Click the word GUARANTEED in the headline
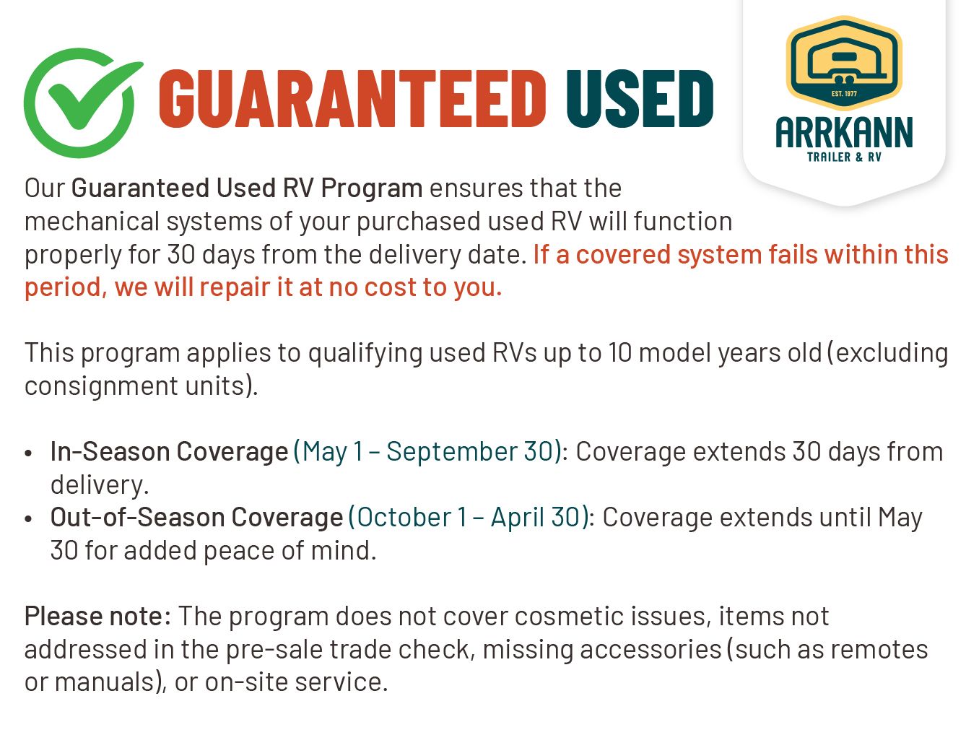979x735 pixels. (352, 99)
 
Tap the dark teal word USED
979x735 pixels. (640, 99)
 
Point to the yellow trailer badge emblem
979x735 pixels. (844, 62)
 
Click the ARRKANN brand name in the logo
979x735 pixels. (844, 132)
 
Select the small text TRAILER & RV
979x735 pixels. (844, 157)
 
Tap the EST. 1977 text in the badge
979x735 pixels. (844, 94)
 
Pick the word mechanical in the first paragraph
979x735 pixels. (92, 221)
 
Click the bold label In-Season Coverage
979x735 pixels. (170, 452)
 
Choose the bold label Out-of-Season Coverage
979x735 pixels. (196, 518)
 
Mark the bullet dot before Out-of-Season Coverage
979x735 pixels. (29, 519)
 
